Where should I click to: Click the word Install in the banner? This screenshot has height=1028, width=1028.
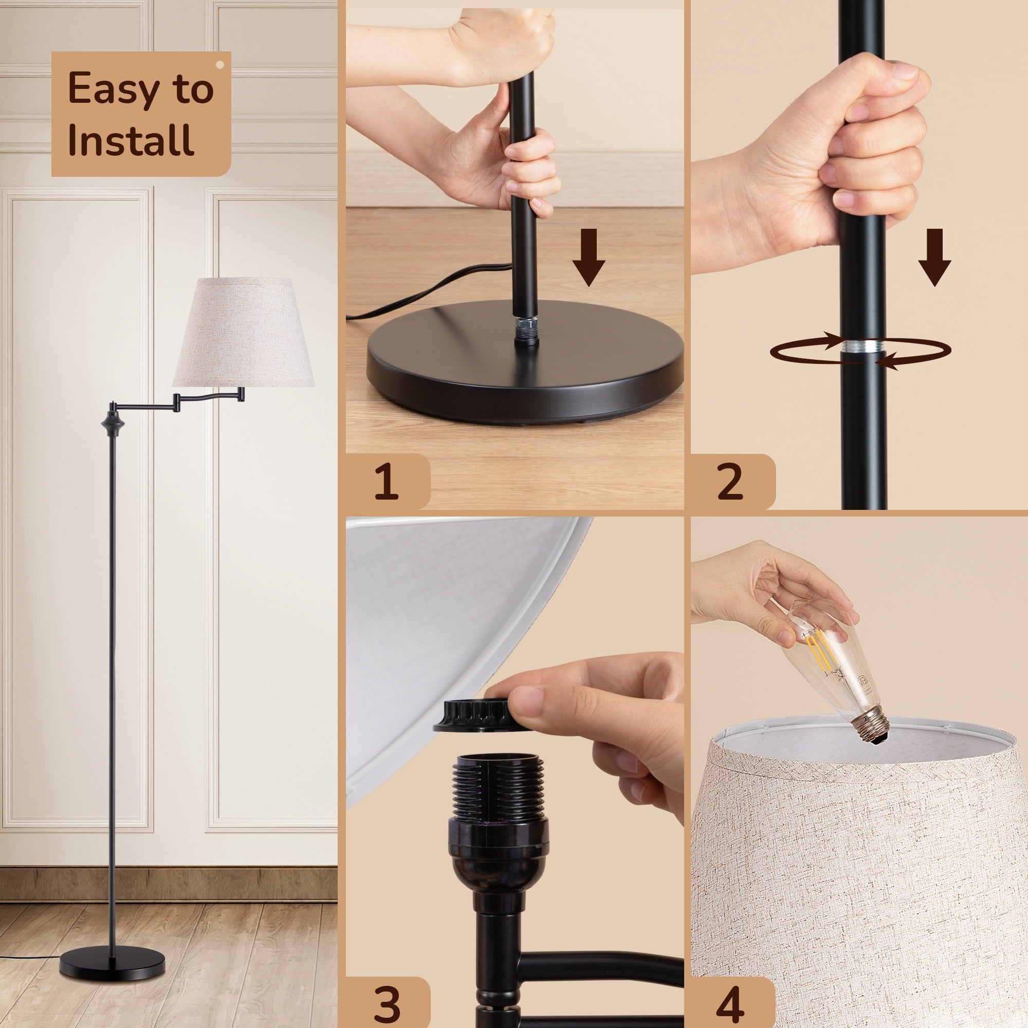click(x=131, y=140)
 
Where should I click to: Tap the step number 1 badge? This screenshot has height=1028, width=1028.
click(x=387, y=482)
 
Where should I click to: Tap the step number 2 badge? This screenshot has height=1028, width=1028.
click(x=731, y=482)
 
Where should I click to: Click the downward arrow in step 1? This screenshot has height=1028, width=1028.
click(x=589, y=257)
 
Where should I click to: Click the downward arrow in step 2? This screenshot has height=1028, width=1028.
click(x=935, y=257)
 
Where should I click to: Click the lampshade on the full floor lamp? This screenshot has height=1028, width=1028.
click(x=244, y=333)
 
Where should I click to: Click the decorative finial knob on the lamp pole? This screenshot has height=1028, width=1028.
click(x=113, y=421)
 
